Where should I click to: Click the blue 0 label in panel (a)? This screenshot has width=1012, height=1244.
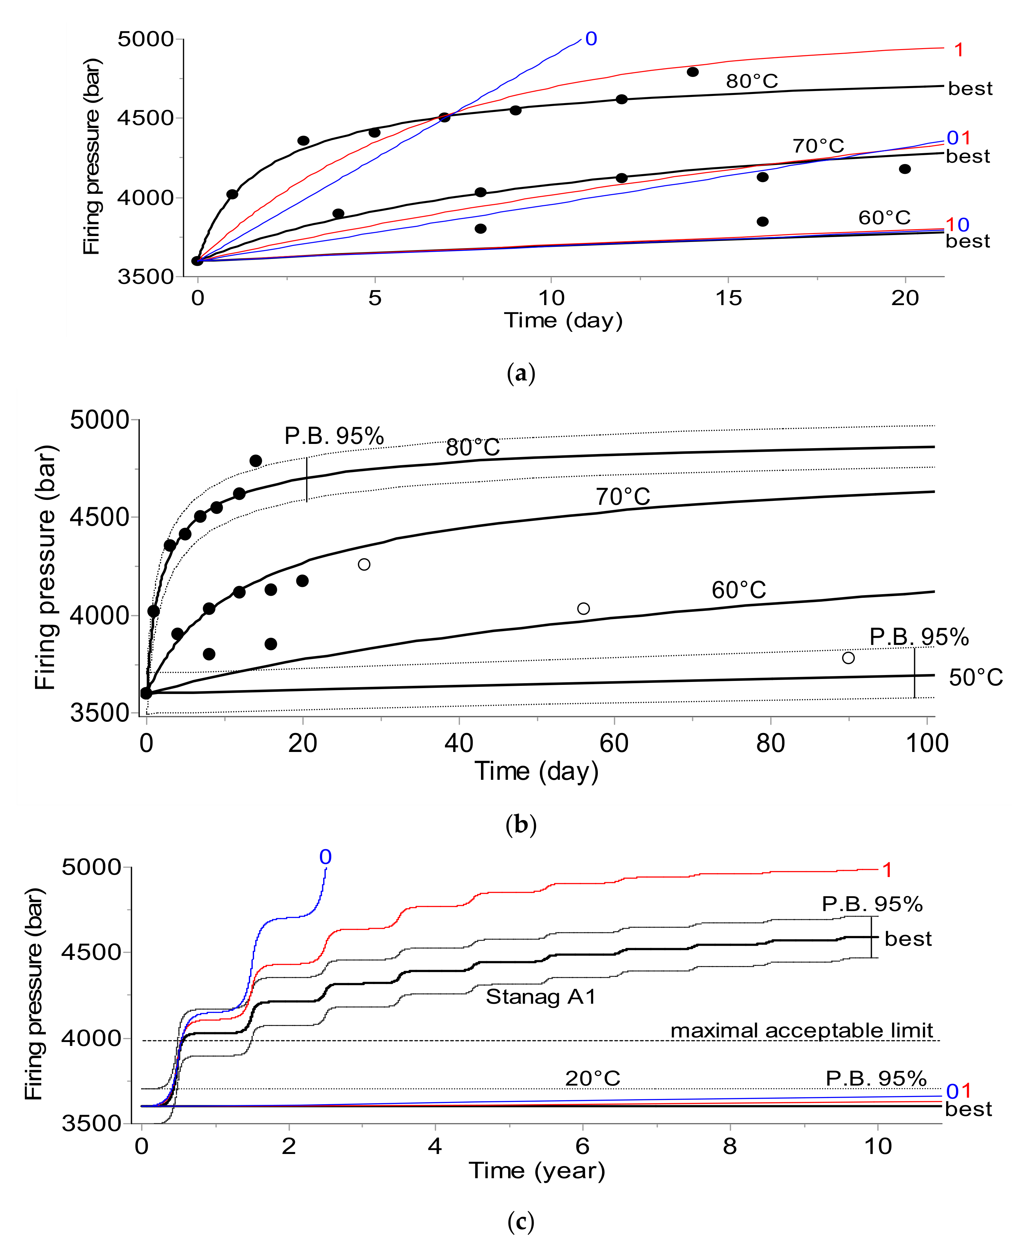591,39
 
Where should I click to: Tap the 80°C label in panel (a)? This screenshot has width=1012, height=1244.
752,81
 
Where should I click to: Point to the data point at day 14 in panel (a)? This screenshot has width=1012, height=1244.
692,72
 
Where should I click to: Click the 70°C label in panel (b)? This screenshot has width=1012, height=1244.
623,497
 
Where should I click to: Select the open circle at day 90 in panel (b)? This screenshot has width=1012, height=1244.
848,658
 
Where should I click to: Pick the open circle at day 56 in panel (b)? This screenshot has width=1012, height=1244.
583,609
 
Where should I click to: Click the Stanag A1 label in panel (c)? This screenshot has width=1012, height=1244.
541,996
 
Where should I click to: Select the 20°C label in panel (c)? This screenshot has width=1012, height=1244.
592,1078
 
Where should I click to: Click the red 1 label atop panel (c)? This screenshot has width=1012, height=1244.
887,870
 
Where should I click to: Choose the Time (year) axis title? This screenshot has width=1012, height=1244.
537,1171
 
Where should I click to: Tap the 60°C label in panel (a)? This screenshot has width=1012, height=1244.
884,217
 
